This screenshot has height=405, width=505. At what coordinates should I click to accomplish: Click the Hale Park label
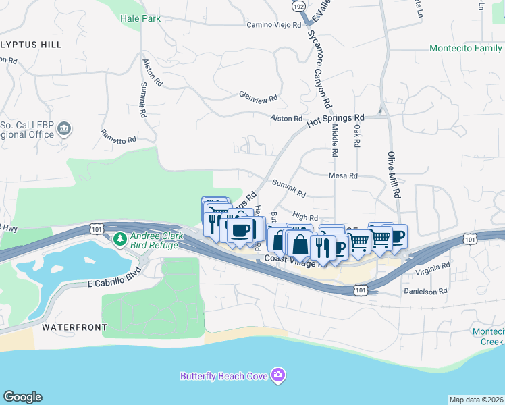pyautogui.click(x=140, y=19)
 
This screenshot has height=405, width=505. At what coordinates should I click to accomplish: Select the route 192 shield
pyautogui.click(x=298, y=5)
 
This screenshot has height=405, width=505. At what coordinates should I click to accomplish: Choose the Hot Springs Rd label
pyautogui.click(x=336, y=119)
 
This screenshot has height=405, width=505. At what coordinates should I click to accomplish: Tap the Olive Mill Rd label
pyautogui.click(x=394, y=173)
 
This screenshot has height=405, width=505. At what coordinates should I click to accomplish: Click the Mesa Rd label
pyautogui.click(x=343, y=175)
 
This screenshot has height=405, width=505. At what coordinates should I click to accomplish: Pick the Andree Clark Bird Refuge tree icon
pyautogui.click(x=119, y=238)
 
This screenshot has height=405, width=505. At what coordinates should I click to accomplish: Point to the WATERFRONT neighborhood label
pyautogui.click(x=74, y=327)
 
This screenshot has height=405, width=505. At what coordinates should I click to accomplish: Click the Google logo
pyautogui.click(x=22, y=397)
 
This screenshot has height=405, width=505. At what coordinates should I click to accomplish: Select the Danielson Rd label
pyautogui.click(x=425, y=292)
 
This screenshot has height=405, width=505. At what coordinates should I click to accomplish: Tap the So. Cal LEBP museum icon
pyautogui.click(x=65, y=128)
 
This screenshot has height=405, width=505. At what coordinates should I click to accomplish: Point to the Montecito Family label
pyautogui.click(x=466, y=49)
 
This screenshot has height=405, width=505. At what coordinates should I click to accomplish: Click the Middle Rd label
pyautogui.click(x=334, y=144)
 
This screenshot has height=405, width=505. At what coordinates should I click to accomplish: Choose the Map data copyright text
pyautogui.click(x=476, y=400)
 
